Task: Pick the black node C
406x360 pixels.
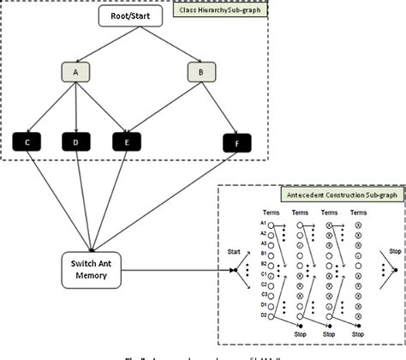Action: pos(27,139)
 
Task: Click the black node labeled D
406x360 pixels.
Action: pos(77,139)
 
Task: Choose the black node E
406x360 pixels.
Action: pos(128,139)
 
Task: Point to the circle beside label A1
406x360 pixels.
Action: pos(272,226)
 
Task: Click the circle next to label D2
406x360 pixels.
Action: pos(272,315)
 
